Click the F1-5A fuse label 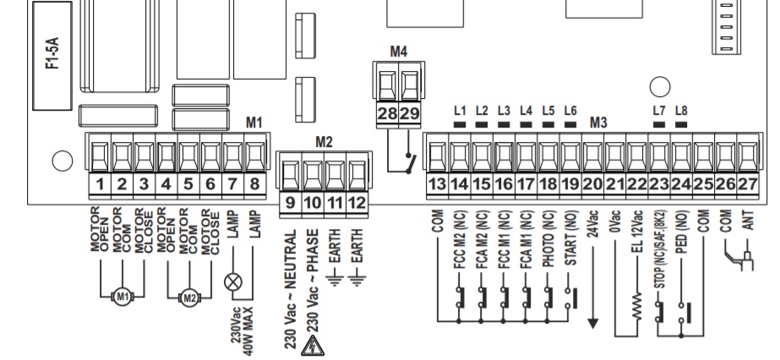(x=52, y=53)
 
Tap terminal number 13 (x=437, y=184)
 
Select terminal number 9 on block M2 (x=291, y=203)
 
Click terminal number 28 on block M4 (x=387, y=113)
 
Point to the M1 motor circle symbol (x=123, y=297)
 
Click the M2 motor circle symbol (x=189, y=297)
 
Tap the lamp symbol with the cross (x=232, y=282)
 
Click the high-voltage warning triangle (x=313, y=346)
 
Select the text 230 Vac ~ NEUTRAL (x=291, y=289)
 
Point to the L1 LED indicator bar (x=460, y=124)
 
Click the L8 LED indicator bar (x=681, y=124)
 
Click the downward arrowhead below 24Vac (x=592, y=323)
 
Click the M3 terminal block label (x=598, y=123)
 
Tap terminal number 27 (x=747, y=184)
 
